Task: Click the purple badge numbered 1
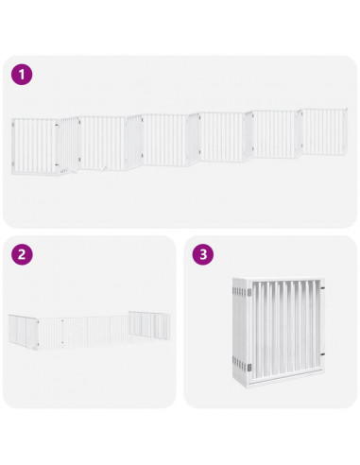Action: pos(22,73)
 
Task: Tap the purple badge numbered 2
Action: pos(22,254)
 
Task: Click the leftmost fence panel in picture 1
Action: pos(33,146)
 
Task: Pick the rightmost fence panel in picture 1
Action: pos(324,131)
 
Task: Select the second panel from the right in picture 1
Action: pos(276,134)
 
